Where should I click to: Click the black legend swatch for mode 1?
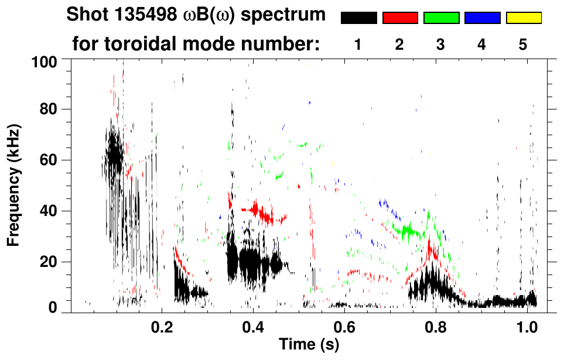(358, 18)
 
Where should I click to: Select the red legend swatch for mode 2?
(400, 18)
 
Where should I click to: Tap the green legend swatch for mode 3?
(441, 18)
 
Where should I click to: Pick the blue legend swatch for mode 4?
(482, 18)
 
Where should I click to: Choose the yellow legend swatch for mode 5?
(524, 18)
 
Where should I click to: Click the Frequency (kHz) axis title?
(14, 184)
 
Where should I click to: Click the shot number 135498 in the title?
(139, 14)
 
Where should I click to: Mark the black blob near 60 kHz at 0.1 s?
(114, 155)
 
